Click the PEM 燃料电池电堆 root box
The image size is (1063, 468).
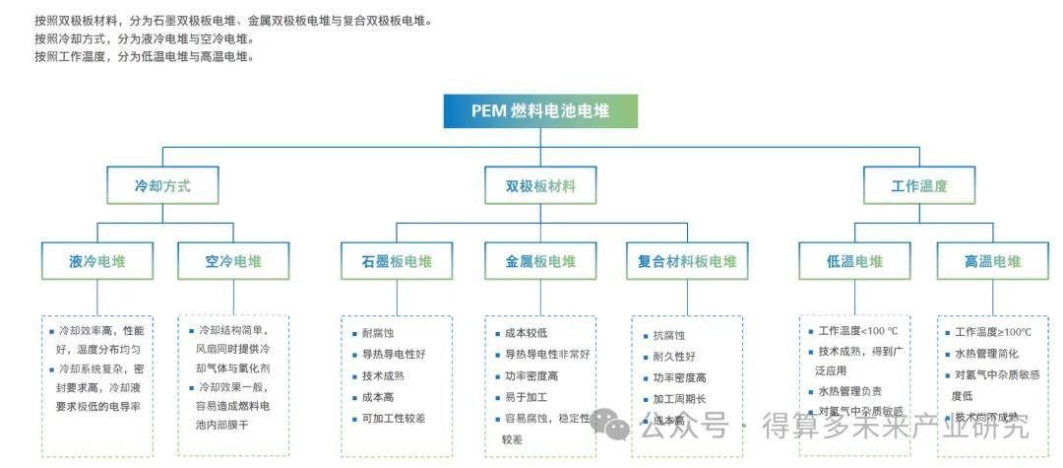point(540,111)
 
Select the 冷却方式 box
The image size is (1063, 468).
point(162,185)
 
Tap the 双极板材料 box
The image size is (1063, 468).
point(540,185)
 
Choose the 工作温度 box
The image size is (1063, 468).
point(918,185)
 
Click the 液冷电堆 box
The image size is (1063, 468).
point(97,261)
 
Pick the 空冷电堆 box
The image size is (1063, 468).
point(233,261)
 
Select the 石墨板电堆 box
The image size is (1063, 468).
point(397,261)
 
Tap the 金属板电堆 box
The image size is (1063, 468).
point(540,261)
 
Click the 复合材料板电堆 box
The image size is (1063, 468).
point(686,261)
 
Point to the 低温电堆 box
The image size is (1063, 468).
point(854,261)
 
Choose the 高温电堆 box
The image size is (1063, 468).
point(992,261)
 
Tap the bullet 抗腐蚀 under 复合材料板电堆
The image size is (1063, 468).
point(668,336)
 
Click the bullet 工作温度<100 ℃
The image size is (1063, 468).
point(852,331)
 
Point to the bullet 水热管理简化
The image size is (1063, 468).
point(986,353)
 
